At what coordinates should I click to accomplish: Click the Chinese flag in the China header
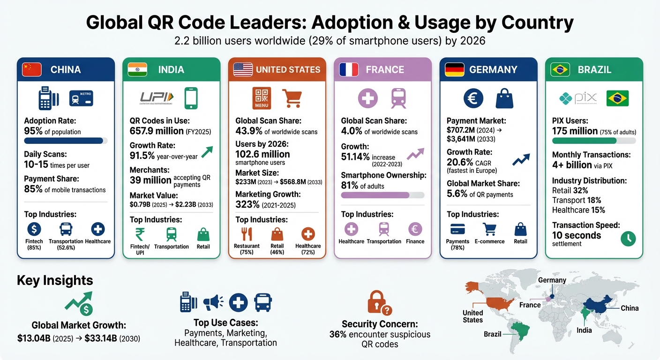point(32,70)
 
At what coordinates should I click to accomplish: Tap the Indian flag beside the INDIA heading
point(137,70)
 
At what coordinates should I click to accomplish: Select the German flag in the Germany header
point(454,70)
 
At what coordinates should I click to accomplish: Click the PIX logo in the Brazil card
point(579,98)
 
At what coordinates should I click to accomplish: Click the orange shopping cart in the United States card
point(292,98)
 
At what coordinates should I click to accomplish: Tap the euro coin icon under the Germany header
point(473,98)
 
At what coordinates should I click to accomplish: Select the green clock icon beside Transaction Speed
point(628,238)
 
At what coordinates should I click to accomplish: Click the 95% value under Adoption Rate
point(33,131)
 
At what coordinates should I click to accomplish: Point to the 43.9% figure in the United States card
point(249,131)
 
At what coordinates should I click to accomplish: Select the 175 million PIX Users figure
point(575,131)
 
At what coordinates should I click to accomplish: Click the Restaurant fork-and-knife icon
point(247,234)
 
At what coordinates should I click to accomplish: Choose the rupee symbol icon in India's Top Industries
point(140,234)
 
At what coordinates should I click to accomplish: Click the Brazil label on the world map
point(492,334)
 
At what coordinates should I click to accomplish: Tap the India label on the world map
point(584,330)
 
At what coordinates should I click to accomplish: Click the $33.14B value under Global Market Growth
point(100,338)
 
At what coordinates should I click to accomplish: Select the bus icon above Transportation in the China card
point(66,229)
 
